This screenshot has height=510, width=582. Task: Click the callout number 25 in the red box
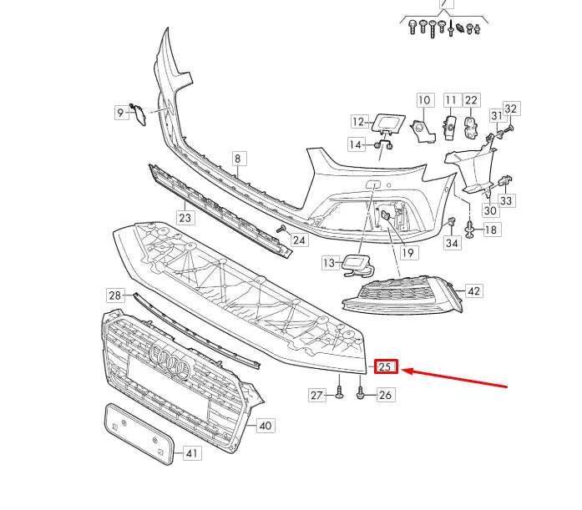[386, 366]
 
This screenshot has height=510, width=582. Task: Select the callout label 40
[265, 426]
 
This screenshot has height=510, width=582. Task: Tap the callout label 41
[192, 454]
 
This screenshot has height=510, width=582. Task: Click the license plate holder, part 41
[137, 433]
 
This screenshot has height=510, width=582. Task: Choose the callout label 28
[114, 295]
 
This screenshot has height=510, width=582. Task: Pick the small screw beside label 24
[282, 228]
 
